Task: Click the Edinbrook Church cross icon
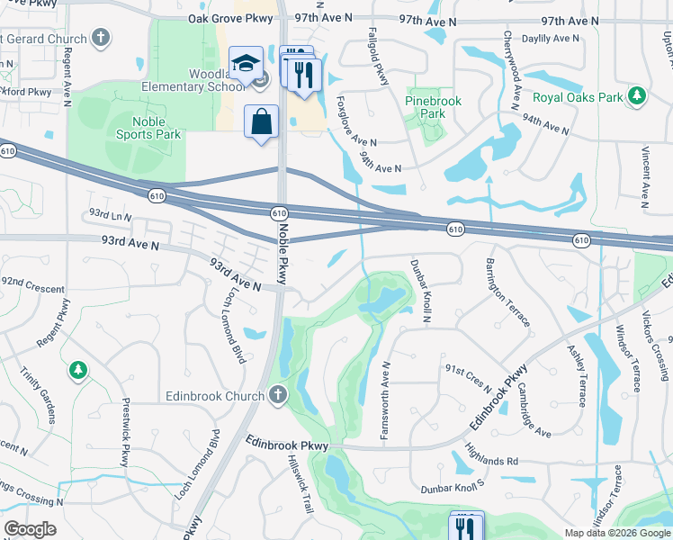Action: pyautogui.click(x=278, y=395)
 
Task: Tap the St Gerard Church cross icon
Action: pyautogui.click(x=103, y=39)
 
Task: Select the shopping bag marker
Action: pyautogui.click(x=261, y=121)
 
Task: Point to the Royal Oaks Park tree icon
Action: pyautogui.click(x=637, y=95)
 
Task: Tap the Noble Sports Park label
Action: pyautogui.click(x=148, y=128)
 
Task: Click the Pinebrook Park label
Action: pyautogui.click(x=433, y=107)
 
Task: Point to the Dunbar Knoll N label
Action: pyautogui.click(x=422, y=291)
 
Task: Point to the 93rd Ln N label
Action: pyautogui.click(x=110, y=217)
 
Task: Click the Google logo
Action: pyautogui.click(x=31, y=529)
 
